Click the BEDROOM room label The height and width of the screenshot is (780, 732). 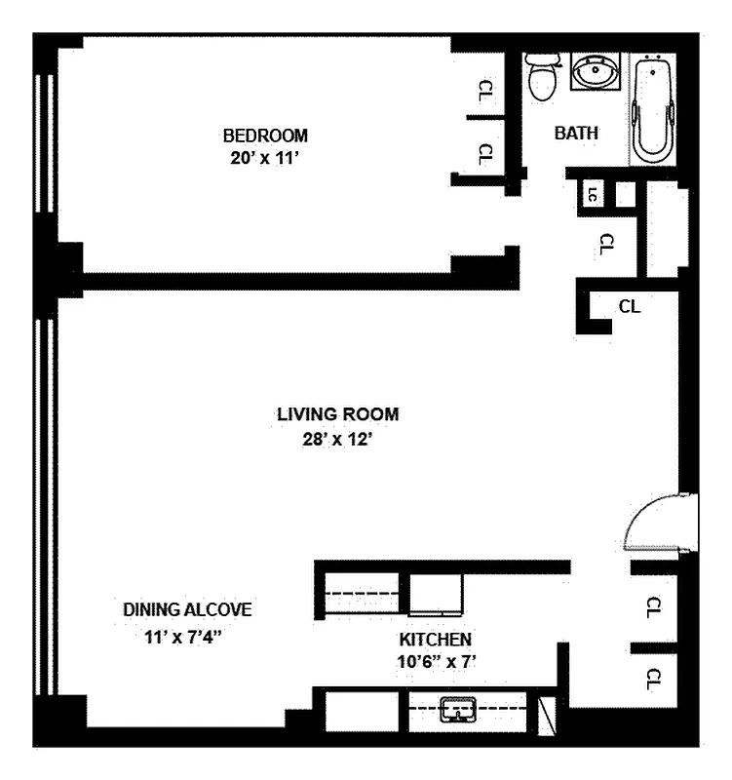pos(265,136)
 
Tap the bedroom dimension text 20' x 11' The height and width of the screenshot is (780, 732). pos(264,158)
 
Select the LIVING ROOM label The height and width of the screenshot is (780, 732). pos(337,414)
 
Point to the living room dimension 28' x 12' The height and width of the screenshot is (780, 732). pos(337,440)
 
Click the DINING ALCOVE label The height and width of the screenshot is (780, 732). pos(187,610)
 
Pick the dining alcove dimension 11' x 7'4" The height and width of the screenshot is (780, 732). pos(182,637)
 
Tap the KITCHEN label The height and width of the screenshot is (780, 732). pos(436,640)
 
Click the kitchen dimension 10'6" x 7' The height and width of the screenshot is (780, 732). pos(437,662)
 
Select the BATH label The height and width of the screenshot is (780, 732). pos(576,134)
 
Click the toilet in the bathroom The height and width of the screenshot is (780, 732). pos(542,77)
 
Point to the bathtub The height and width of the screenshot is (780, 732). pos(652,109)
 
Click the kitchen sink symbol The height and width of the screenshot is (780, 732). pos(458,709)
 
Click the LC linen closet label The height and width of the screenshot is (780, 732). pos(592,194)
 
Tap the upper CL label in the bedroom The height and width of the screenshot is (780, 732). pos(486,91)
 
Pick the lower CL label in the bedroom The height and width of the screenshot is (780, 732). pos(485,154)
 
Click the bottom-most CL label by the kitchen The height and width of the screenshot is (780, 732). pos(653,679)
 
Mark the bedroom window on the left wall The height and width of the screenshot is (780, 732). pos(44,143)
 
